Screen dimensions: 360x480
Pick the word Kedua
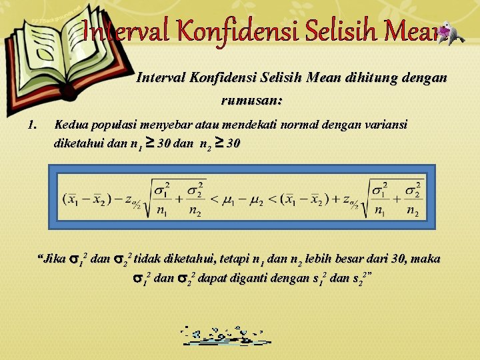[x=70, y=125]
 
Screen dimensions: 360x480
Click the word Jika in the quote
[x=53, y=259]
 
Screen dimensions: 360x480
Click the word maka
[x=427, y=259]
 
